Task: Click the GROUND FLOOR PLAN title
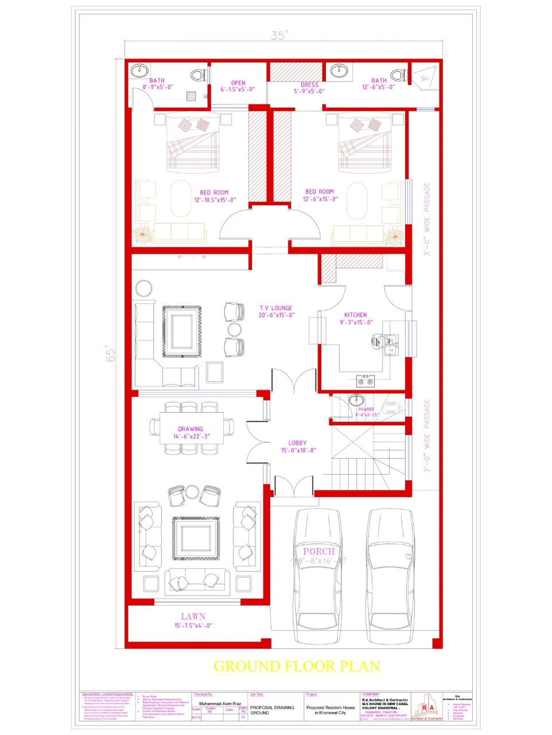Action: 297,666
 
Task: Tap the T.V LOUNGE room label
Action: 275,308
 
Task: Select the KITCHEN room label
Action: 355,315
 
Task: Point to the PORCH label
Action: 318,552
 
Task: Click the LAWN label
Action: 193,617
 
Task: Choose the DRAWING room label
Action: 191,429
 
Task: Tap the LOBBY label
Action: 297,443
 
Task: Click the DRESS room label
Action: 309,85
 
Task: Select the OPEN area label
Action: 238,83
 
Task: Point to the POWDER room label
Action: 366,409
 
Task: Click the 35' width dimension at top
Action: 278,36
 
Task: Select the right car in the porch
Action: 391,576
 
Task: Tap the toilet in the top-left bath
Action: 197,75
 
